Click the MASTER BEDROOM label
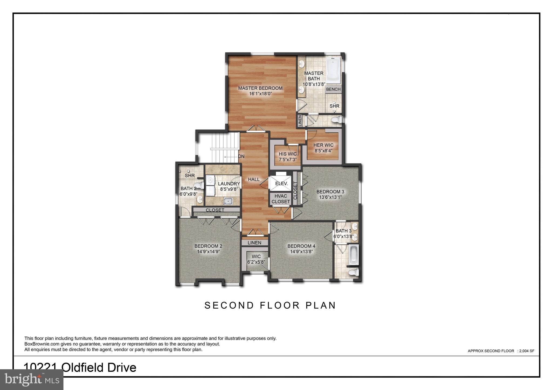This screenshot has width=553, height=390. click(x=260, y=88)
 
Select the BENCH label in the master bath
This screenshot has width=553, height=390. click(x=333, y=89)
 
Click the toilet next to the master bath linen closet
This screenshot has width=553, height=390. click(x=337, y=120)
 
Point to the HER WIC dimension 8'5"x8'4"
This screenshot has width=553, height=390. click(x=323, y=151)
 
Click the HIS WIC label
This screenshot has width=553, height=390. click(x=288, y=154)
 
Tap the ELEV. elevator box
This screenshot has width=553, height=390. click(x=281, y=184)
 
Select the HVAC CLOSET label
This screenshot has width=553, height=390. click(x=281, y=199)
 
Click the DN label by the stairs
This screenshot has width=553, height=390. click(x=241, y=156)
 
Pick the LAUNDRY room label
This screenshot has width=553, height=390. click(x=229, y=184)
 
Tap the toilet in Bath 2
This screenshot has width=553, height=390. click(x=200, y=185)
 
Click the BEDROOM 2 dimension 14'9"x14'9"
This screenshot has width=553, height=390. click(x=208, y=252)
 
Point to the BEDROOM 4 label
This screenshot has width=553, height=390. click(x=301, y=246)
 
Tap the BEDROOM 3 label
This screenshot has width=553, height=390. click(x=330, y=192)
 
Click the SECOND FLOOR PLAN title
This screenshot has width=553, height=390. click(x=270, y=305)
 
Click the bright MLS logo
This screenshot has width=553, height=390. click(x=32, y=380)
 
